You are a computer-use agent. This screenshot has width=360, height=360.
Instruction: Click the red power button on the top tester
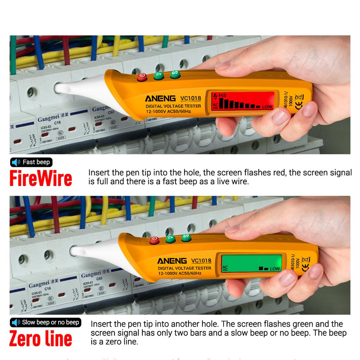point(142,77)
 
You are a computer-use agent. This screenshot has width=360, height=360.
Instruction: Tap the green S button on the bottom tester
point(187,238)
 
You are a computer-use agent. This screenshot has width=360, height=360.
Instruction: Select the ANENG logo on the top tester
point(160,98)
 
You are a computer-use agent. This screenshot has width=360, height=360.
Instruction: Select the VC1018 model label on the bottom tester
point(201,261)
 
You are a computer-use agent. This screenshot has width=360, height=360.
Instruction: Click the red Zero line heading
point(41,339)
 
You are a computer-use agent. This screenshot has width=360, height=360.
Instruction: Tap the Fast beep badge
point(32,162)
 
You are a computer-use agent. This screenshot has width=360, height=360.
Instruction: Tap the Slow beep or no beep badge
point(46,322)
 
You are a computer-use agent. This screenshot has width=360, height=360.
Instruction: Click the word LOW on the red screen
point(267,107)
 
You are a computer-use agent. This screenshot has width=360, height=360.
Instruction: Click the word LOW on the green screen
point(275,269)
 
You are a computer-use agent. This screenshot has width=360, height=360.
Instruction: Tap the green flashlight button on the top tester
point(159,75)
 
